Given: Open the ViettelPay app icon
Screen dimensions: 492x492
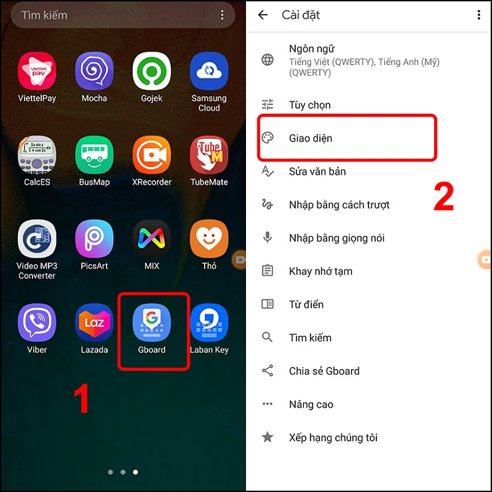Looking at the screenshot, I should pos(37,71).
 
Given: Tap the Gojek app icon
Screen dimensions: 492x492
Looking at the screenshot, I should pos(152,71).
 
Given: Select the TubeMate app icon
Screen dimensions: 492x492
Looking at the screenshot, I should pos(209,155).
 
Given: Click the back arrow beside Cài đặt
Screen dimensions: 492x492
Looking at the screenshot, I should pos(263,15).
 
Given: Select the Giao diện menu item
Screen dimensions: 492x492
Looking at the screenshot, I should pos(310,138).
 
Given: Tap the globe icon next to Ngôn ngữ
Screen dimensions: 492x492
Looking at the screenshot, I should pos(267,60).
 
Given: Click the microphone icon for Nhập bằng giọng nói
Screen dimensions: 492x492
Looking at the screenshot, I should pos(267,238).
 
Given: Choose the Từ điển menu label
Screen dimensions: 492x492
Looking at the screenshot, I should pos(306,305).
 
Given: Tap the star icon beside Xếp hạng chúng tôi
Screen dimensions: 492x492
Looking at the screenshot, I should pos(267,437).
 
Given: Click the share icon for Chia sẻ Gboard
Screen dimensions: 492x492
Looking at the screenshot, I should pos(267,371).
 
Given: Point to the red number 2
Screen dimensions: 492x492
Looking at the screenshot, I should pos(443,197).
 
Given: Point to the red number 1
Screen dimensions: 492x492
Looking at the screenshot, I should pos(81,399).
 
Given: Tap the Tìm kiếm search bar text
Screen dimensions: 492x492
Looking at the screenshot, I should pos(45,15).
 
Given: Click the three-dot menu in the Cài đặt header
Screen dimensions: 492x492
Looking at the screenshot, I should pos(479,15).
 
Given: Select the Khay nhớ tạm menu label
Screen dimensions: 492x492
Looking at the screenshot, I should pos(320,271).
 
